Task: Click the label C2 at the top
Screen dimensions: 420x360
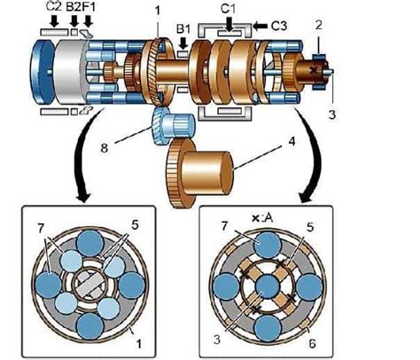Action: pyautogui.click(x=54, y=6)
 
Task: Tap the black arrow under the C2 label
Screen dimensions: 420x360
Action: pyautogui.click(x=54, y=21)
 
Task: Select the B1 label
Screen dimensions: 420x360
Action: pyautogui.click(x=183, y=29)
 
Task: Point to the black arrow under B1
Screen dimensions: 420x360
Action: pyautogui.click(x=183, y=43)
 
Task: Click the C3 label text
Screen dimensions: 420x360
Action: pyautogui.click(x=279, y=26)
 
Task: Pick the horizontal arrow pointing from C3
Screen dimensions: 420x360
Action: pyautogui.click(x=261, y=26)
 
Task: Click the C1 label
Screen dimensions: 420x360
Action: pyautogui.click(x=229, y=9)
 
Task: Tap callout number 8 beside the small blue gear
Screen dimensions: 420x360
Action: pyautogui.click(x=105, y=147)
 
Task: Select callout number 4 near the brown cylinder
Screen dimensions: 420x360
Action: pyautogui.click(x=292, y=142)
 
